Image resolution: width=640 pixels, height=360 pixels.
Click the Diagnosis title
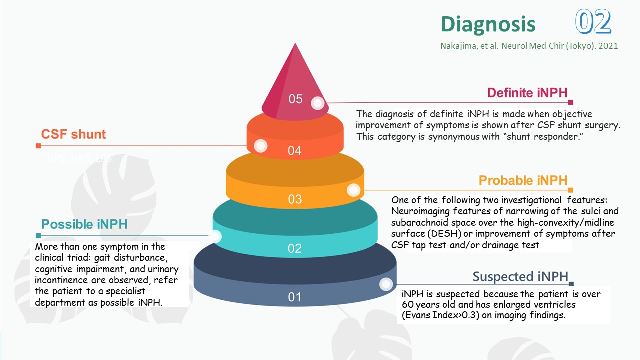(488, 24)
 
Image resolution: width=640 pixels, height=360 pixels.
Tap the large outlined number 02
(593, 22)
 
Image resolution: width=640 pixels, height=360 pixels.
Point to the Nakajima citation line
(529, 46)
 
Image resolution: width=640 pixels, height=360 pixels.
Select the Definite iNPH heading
(527, 93)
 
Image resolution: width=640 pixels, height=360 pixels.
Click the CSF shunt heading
(73, 134)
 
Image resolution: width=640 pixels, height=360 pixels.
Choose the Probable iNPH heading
(523, 180)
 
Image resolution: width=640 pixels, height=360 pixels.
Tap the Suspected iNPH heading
(520, 276)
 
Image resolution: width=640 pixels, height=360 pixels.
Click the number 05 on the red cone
(296, 99)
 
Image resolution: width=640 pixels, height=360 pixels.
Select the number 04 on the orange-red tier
(295, 150)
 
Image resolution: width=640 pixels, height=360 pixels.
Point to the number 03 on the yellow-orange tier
(295, 199)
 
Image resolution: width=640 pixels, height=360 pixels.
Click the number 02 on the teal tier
(295, 248)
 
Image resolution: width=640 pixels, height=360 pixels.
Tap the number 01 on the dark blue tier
(295, 297)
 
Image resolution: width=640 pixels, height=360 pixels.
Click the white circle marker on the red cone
(317, 103)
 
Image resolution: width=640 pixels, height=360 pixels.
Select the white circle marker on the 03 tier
(353, 190)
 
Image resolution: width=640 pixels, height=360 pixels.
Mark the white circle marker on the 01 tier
(386, 284)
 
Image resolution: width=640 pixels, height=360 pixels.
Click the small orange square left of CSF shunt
(38, 146)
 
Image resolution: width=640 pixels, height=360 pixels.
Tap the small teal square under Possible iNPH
(38, 236)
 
